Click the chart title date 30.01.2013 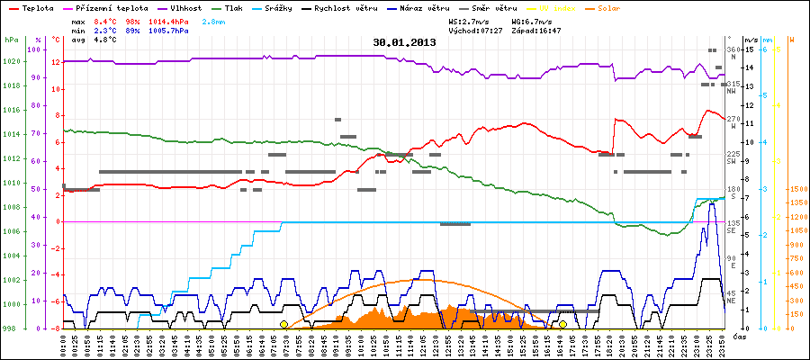point(405,41)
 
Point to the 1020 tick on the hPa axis point(11,61)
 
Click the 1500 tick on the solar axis point(796,189)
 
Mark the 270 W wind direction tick point(733,119)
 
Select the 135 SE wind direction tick point(733,223)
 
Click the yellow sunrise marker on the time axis point(283,324)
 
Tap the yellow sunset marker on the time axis point(562,324)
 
